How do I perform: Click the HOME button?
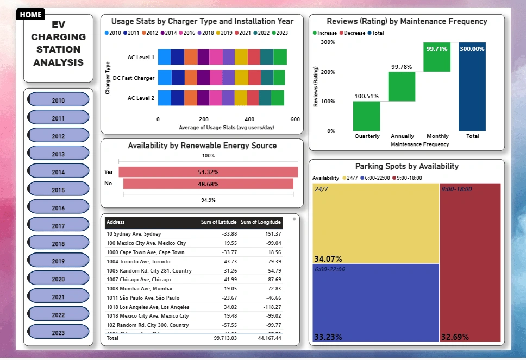click(30, 15)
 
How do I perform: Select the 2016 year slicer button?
click(58, 208)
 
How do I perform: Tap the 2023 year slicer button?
click(58, 333)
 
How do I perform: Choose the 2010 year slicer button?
click(58, 100)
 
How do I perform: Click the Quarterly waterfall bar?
click(367, 116)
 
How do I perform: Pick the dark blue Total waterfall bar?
click(472, 87)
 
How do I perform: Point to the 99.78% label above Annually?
click(402, 67)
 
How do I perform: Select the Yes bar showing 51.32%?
click(208, 172)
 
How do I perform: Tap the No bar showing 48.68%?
click(208, 184)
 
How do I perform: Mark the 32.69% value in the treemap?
click(455, 337)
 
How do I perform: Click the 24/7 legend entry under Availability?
click(348, 178)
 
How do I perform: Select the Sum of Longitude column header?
click(261, 222)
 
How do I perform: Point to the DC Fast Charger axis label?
click(133, 78)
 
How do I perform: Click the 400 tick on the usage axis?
click(249, 119)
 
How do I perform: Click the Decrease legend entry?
click(354, 33)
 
